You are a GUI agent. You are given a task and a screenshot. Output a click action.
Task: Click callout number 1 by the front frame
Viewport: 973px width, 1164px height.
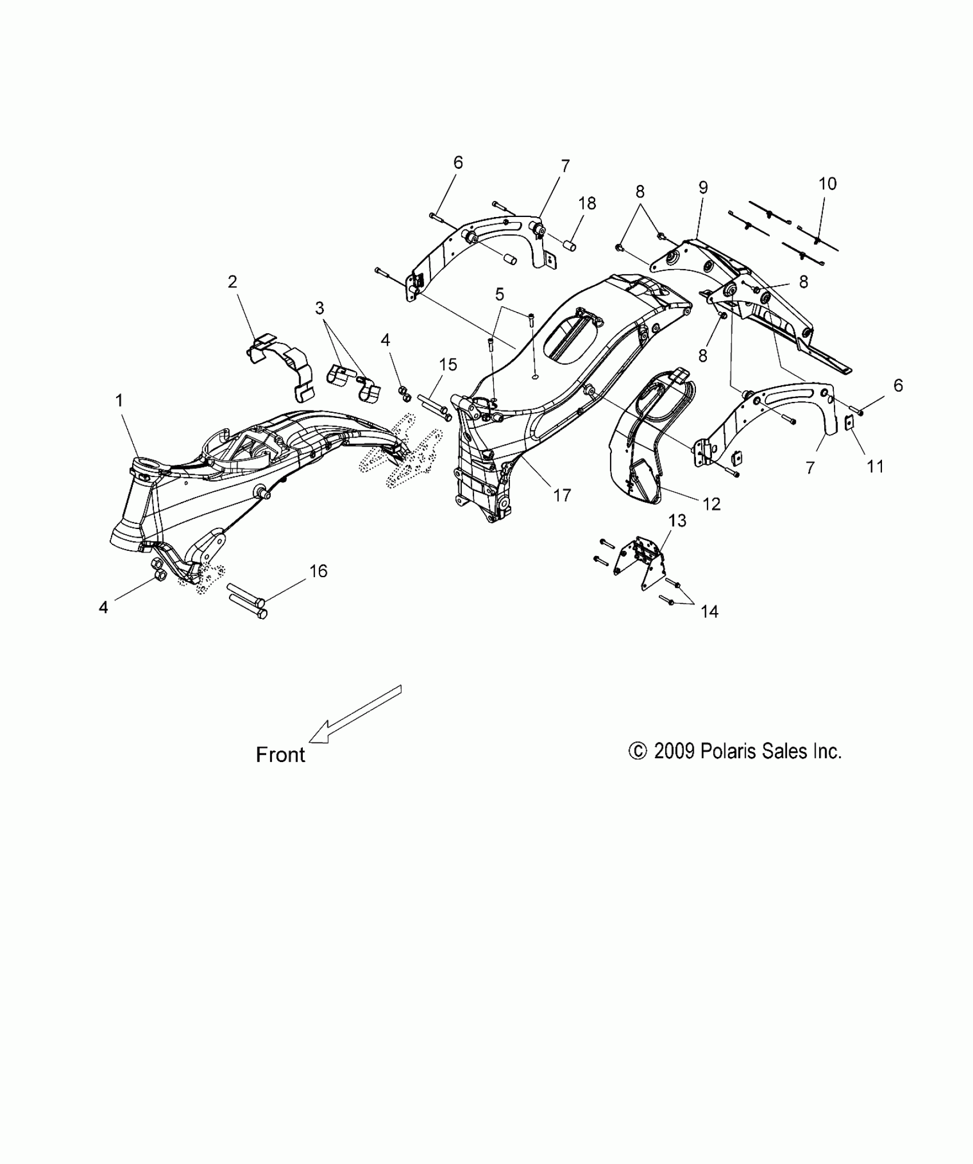(x=119, y=401)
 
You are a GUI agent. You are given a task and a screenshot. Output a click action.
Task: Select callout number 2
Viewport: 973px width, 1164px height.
(x=232, y=282)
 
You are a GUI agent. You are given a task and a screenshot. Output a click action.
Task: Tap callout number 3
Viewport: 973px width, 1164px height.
(x=319, y=309)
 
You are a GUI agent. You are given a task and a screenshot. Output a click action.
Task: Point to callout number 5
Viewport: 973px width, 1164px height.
(x=500, y=295)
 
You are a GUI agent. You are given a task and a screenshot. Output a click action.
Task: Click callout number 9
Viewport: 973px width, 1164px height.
(x=703, y=187)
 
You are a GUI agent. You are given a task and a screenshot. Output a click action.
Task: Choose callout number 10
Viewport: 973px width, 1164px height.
(x=828, y=184)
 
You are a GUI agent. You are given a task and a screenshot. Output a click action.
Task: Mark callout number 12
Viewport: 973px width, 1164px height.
(x=711, y=504)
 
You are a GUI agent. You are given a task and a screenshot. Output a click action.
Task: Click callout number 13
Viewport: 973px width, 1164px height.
(x=677, y=521)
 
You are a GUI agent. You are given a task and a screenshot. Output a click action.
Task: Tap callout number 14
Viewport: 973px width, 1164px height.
(x=709, y=612)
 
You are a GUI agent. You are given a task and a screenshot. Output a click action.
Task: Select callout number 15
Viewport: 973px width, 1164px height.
(x=448, y=364)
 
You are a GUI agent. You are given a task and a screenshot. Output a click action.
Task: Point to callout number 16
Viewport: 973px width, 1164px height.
(x=318, y=571)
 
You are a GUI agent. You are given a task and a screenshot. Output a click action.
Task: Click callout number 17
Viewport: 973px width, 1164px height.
(x=563, y=495)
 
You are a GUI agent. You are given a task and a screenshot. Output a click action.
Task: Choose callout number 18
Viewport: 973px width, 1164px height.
(x=587, y=203)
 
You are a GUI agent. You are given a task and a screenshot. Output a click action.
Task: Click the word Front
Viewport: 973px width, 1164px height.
(x=280, y=755)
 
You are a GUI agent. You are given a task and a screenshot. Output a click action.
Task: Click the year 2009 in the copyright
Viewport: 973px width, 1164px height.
(x=674, y=751)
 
